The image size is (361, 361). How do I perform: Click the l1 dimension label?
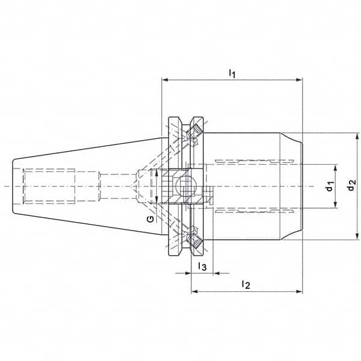click(x=232, y=73)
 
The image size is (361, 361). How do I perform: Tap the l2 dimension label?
click(x=246, y=285)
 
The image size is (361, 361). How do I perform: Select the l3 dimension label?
click(x=202, y=267)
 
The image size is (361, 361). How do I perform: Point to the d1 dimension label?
click(x=330, y=187)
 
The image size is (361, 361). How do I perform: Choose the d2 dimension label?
click(x=351, y=185)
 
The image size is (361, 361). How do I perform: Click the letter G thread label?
click(x=150, y=219)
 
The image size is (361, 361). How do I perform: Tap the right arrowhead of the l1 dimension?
click(x=299, y=80)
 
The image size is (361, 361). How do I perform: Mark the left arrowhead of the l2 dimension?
click(x=194, y=292)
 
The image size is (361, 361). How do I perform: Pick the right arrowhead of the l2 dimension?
click(x=299, y=292)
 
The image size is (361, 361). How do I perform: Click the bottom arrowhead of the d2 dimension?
click(x=357, y=236)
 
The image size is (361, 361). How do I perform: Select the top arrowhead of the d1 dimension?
click(x=336, y=168)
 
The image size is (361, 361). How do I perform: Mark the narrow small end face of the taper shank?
click(x=13, y=187)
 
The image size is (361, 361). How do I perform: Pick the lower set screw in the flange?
click(x=194, y=240)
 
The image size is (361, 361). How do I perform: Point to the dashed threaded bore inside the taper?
click(x=49, y=187)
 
